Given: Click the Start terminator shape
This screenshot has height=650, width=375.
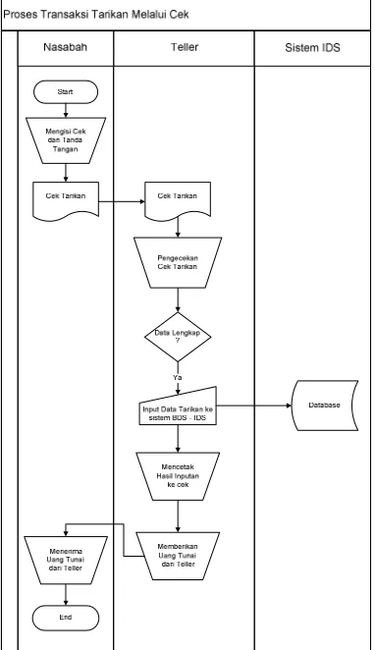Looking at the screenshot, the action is [66, 92].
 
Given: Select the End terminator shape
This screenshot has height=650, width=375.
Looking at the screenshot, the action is [66, 618].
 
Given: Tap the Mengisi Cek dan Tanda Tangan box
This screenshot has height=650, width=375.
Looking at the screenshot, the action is [66, 140].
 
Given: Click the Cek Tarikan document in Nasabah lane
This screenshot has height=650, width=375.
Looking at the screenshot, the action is [66, 199].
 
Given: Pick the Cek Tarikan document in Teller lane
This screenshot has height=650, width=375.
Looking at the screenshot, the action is [178, 199].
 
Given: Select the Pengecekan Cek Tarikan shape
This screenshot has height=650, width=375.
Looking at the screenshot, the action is [178, 262].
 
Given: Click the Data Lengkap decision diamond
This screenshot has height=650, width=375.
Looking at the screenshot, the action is [178, 337].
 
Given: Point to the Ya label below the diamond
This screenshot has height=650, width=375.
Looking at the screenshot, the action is [178, 378].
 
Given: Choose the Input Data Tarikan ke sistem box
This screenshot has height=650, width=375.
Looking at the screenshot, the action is [178, 408].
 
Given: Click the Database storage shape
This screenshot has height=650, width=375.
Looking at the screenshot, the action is [325, 406].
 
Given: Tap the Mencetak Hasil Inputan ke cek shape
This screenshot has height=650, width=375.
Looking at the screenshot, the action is [178, 476].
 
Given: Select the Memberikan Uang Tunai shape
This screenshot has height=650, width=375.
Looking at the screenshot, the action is [178, 556].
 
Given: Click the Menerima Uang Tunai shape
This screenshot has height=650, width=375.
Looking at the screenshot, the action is [66, 560].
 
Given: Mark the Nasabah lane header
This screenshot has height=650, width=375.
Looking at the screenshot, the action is [66, 47].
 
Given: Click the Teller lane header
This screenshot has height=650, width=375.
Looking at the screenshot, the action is [185, 47].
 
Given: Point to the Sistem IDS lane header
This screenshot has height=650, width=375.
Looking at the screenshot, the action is [312, 48].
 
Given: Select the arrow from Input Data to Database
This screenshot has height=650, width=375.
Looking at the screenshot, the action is [254, 406].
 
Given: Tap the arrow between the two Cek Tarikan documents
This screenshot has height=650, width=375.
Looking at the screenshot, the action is [122, 202].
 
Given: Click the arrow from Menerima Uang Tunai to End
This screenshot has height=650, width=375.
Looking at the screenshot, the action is [66, 595].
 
